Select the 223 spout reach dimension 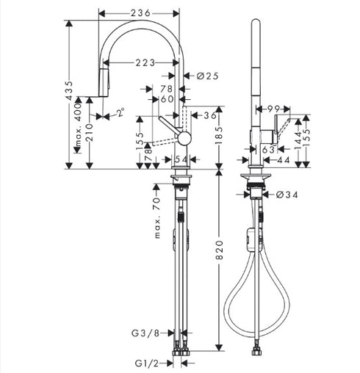tap(144, 63)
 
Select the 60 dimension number tap(167, 99)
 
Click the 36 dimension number tap(210, 115)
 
